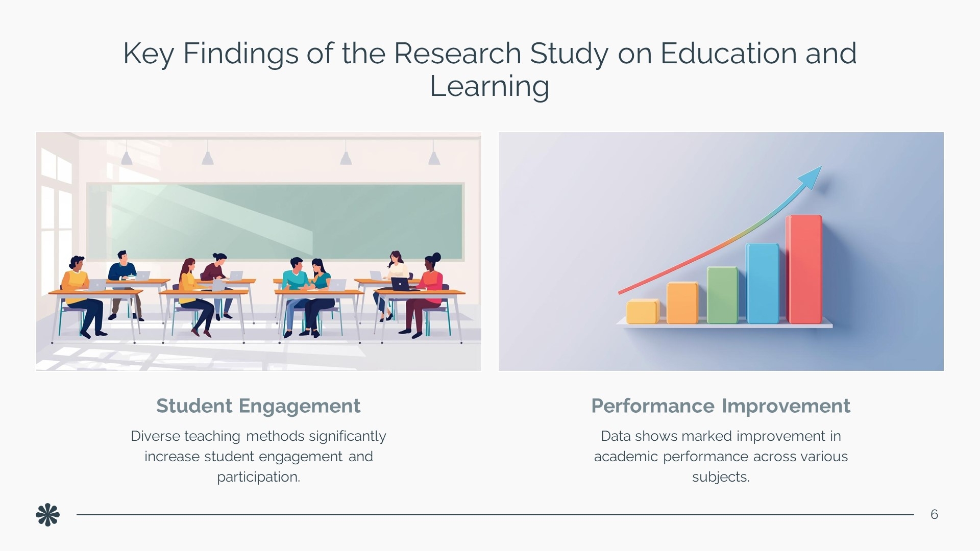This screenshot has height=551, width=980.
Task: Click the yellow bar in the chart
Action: point(643,311)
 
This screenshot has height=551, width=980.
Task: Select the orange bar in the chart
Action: point(682,303)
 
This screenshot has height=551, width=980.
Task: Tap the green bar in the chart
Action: point(722,295)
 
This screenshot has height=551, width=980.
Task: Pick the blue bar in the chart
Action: point(763,283)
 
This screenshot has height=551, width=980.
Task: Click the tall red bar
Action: point(804,269)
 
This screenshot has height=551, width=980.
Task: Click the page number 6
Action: point(934,514)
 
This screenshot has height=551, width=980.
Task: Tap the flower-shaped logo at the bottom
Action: point(47,515)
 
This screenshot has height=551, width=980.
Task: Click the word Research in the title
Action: point(457,53)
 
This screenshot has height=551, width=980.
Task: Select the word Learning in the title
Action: point(489,86)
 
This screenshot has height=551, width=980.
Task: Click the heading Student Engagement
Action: point(258,406)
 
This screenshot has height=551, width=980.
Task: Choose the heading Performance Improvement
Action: point(721,406)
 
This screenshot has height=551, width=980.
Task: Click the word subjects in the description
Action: point(719,477)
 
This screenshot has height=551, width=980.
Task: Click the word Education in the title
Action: point(728,53)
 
